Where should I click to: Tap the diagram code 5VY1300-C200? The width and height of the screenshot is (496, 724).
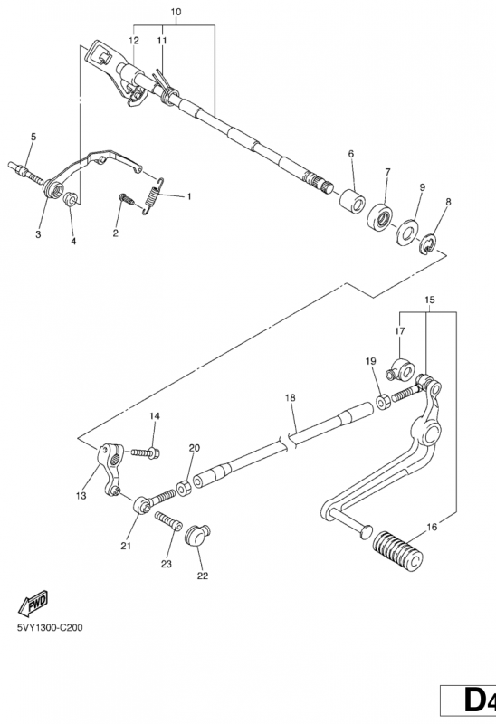pyautogui.click(x=51, y=627)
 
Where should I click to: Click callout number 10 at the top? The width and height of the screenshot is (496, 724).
pyautogui.click(x=176, y=12)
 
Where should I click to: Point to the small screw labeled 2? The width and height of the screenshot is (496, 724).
pyautogui.click(x=127, y=199)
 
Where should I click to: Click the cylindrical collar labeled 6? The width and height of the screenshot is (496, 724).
pyautogui.click(x=352, y=200)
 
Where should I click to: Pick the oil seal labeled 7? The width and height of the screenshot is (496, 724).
pyautogui.click(x=381, y=216)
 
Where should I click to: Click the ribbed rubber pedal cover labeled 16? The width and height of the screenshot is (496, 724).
pyautogui.click(x=397, y=550)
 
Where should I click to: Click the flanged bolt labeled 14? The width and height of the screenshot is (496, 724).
pyautogui.click(x=146, y=452)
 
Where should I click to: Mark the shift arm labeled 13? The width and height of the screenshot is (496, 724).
pyautogui.click(x=110, y=469)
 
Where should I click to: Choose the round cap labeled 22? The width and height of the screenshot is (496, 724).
pyautogui.click(x=197, y=535)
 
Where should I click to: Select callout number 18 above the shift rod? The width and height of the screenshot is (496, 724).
pyautogui.click(x=290, y=398)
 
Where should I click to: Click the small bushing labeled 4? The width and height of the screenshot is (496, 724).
pyautogui.click(x=71, y=199)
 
